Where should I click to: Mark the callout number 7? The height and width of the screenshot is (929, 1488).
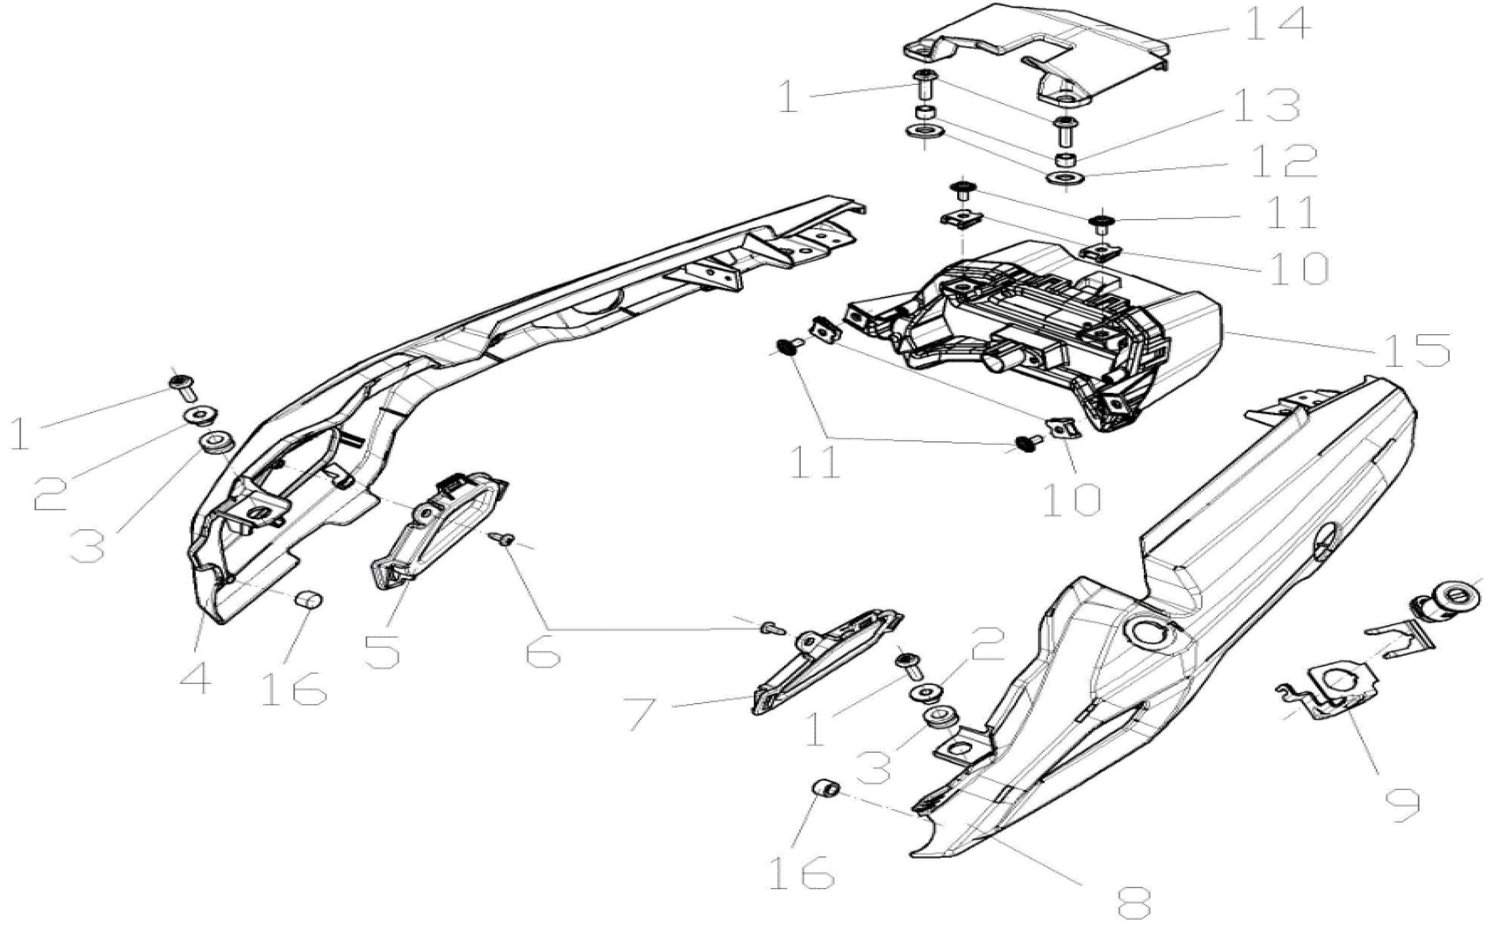pyautogui.click(x=649, y=713)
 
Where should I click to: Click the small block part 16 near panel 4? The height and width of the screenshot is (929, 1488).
pyautogui.click(x=310, y=598)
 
